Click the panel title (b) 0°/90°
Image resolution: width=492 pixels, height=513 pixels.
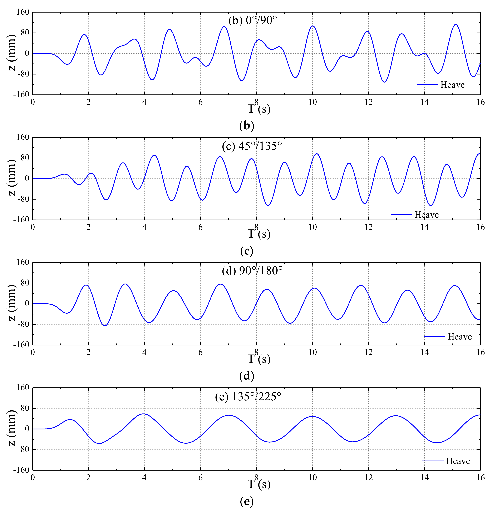point(252,20)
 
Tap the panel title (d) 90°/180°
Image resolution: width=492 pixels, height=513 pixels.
point(252,271)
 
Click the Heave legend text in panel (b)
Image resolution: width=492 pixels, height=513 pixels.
point(452,85)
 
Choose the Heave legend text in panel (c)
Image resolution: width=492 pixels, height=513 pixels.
point(426,215)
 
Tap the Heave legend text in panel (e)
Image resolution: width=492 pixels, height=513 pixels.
point(458,461)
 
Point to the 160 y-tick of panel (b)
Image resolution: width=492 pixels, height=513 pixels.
point(23,12)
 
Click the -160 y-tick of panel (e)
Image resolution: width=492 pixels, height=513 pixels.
point(21,470)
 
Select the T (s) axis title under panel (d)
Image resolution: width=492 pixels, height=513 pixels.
point(259,359)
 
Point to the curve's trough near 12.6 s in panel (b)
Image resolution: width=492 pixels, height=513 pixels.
point(384,82)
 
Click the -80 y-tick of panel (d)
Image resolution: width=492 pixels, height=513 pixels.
point(23,324)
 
